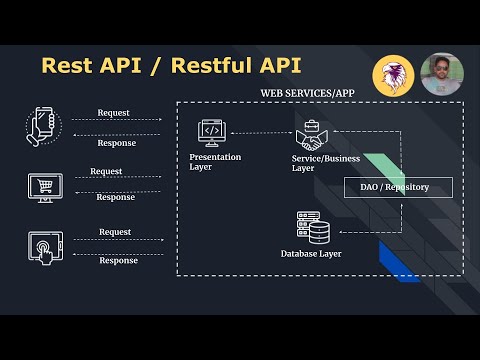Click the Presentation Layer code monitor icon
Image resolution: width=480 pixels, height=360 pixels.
pyautogui.click(x=211, y=131)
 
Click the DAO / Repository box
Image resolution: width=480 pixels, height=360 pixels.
pyautogui.click(x=398, y=187)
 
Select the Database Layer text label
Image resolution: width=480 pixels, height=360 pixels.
pyautogui.click(x=311, y=254)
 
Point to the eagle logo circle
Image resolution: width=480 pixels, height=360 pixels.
pyautogui.click(x=394, y=75)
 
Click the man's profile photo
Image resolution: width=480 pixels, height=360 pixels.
pyautogui.click(x=441, y=74)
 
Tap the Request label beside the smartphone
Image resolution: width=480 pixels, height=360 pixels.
pyautogui.click(x=115, y=113)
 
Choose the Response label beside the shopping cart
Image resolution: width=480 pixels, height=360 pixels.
pyautogui.click(x=115, y=197)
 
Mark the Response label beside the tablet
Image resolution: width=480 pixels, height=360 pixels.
pyautogui.click(x=118, y=261)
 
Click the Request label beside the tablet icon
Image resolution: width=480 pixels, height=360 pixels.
pyautogui.click(x=115, y=232)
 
